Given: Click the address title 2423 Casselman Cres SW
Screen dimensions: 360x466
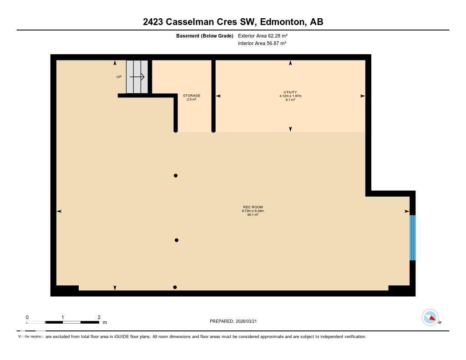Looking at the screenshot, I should tap(233, 21).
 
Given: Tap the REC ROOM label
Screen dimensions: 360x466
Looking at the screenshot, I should tap(253, 207).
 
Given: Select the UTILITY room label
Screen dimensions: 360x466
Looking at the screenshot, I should tap(290, 92).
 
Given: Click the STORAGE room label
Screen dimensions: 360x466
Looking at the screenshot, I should tap(192, 96).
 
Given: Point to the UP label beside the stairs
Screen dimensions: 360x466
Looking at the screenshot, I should tap(119, 77).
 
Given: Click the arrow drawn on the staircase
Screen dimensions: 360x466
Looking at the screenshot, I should tap(137, 77).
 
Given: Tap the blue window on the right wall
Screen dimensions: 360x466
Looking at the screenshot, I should tap(412, 238).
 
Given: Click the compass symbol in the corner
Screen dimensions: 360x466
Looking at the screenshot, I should tap(430, 317).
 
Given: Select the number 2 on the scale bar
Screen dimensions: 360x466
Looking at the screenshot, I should tap(99, 317).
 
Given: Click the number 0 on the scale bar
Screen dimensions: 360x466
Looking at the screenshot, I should tap(27, 317).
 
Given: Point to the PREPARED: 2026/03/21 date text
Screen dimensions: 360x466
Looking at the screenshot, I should tap(236, 321).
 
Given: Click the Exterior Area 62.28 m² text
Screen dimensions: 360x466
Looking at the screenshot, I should tap(263, 35).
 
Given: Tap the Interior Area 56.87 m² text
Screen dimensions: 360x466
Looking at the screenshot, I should tap(262, 44).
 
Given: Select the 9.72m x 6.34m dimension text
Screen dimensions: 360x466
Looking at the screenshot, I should tap(253, 211).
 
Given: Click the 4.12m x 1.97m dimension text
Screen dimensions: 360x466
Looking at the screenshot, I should tap(290, 96).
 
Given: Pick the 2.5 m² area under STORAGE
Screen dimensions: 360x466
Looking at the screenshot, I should tap(192, 99).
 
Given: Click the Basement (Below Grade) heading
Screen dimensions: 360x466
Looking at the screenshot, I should tap(205, 35).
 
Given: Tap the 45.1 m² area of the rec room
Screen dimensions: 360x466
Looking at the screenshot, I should tap(253, 214).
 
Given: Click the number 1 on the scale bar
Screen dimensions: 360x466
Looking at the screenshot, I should tap(63, 317).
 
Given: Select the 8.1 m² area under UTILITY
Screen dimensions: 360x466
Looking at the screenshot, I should tap(290, 100).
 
